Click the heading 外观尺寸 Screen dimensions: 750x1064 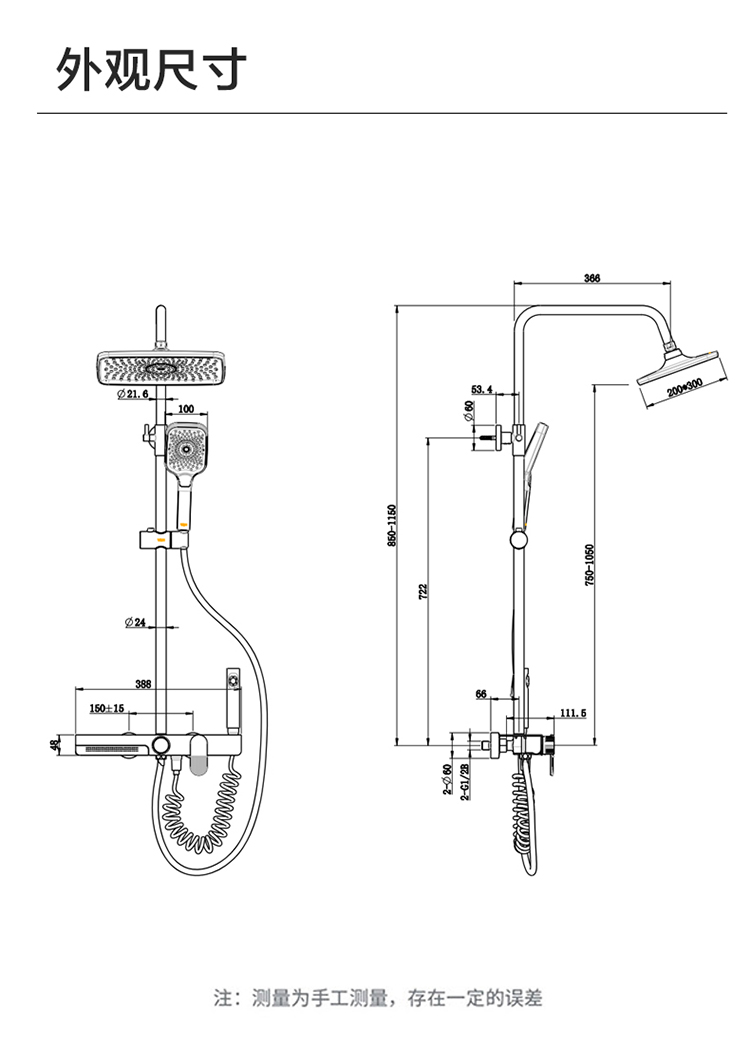[x=151, y=69]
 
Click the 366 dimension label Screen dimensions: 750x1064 [x=592, y=278]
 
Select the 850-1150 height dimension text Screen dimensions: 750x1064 [x=392, y=527]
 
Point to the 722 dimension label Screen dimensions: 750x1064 [x=424, y=591]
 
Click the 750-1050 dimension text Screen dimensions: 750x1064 [x=590, y=565]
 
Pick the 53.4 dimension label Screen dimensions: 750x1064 [x=482, y=390]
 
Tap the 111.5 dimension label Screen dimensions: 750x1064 [x=573, y=712]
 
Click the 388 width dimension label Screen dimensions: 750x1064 [x=143, y=684]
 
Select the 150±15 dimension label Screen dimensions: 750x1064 [x=107, y=708]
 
